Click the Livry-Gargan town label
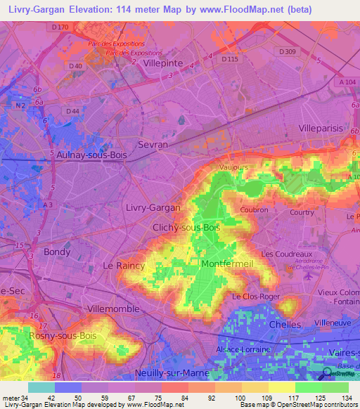click(153, 208)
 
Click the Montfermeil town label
click(225, 264)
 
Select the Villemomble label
click(113, 309)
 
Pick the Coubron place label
click(254, 209)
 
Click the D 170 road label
click(61, 27)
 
